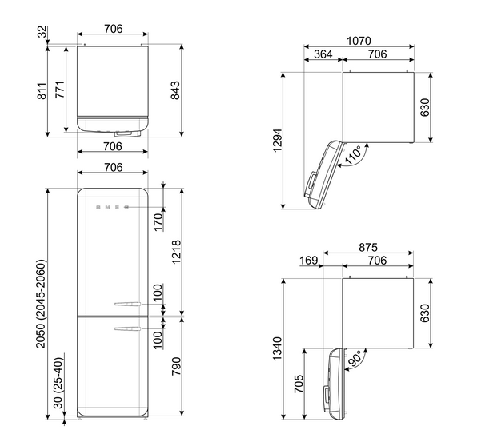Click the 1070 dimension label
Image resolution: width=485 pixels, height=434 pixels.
(359, 41)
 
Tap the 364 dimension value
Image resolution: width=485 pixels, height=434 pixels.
(323, 54)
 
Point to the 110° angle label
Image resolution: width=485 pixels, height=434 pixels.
(353, 155)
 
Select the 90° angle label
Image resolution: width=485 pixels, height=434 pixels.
(355, 358)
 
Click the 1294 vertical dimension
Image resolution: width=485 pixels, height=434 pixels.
(278, 140)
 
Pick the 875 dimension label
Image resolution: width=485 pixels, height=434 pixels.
(368, 247)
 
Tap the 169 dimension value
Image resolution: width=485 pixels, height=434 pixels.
(308, 261)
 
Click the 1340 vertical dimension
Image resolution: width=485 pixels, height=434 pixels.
(278, 348)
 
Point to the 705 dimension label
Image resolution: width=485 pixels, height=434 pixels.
(299, 384)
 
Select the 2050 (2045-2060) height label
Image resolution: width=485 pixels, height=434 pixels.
(41, 304)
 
